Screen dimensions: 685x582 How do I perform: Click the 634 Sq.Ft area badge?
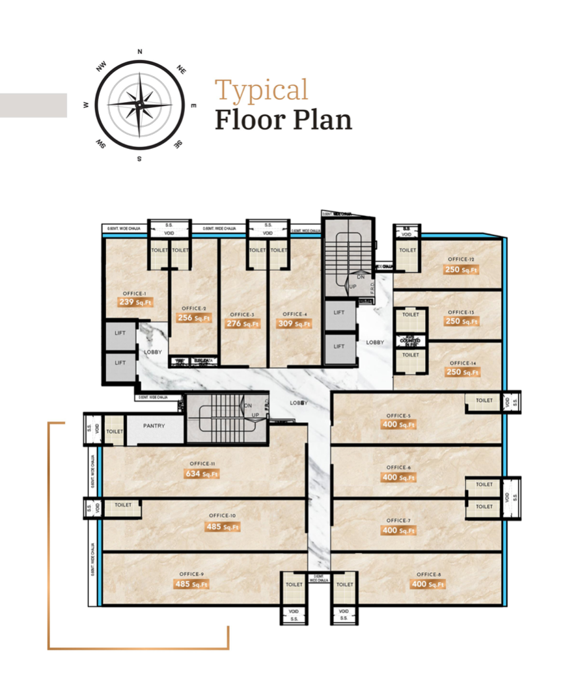201,474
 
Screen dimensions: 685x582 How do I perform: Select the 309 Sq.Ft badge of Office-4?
294,323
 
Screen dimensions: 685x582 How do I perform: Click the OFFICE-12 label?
462,260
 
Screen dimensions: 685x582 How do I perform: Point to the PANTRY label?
153,426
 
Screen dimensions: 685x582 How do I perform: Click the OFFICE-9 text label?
192,574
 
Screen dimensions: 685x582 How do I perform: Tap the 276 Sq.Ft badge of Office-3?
243,323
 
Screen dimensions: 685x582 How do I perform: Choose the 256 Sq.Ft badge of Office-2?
194,318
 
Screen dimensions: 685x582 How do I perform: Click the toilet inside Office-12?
408,250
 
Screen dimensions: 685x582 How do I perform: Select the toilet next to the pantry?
115,431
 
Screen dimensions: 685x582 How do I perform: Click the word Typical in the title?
261,90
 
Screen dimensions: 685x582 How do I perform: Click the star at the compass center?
140,104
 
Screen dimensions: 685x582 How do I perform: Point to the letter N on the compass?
140,51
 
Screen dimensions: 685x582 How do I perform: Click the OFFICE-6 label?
398,467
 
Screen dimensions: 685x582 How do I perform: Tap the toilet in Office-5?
484,401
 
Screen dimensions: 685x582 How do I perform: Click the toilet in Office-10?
123,505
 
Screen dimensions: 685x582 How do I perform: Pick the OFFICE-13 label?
462,312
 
